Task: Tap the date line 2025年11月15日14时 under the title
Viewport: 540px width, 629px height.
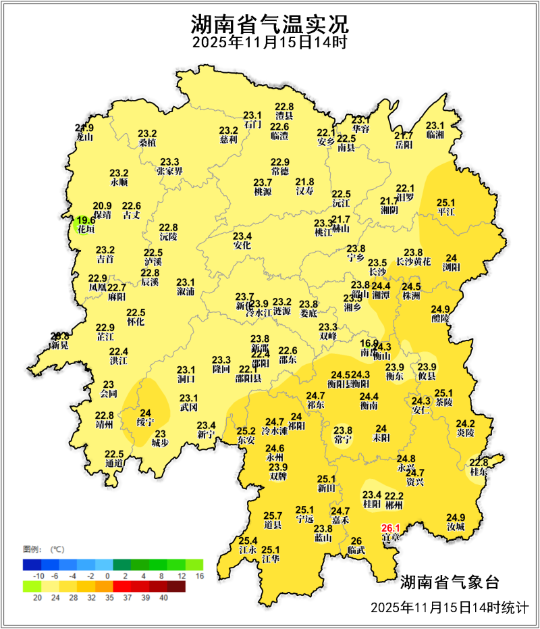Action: click(x=269, y=43)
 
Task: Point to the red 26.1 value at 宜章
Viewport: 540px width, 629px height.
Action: click(x=391, y=528)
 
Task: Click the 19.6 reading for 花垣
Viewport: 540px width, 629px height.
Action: click(x=85, y=220)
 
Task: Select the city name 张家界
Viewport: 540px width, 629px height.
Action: click(x=169, y=172)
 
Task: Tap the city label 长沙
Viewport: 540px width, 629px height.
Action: click(x=377, y=272)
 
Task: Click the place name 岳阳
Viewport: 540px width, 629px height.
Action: click(x=403, y=145)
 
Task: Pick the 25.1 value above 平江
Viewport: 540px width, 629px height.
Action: click(x=446, y=202)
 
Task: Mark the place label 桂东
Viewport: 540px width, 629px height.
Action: click(x=479, y=472)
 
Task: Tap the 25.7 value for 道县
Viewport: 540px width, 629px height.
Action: click(x=273, y=515)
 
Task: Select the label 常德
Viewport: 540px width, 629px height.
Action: click(x=280, y=172)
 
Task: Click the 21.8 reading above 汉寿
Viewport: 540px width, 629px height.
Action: click(x=305, y=182)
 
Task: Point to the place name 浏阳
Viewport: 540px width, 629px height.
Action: click(x=451, y=268)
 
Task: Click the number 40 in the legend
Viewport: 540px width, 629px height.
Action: click(x=163, y=597)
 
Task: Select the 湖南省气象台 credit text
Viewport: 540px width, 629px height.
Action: click(x=449, y=582)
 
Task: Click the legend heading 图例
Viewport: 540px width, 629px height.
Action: click(x=32, y=548)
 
